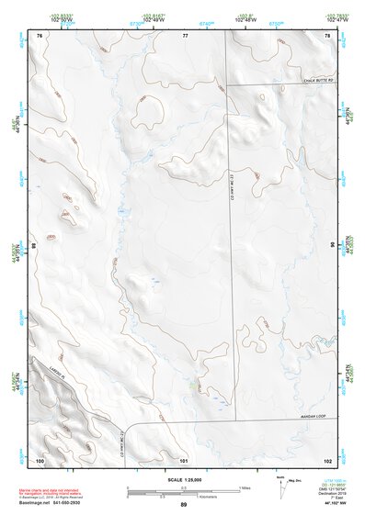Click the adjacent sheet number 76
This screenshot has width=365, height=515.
tap(40, 35)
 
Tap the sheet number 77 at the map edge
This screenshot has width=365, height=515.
tap(184, 35)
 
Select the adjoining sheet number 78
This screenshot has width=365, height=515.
tap(326, 35)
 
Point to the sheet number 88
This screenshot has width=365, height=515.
tap(36, 245)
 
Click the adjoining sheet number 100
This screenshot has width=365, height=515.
tap(40, 459)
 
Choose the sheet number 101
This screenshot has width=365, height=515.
tap(184, 459)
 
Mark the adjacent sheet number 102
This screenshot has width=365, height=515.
tap(326, 459)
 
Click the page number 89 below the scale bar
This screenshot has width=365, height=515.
tap(184, 505)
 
